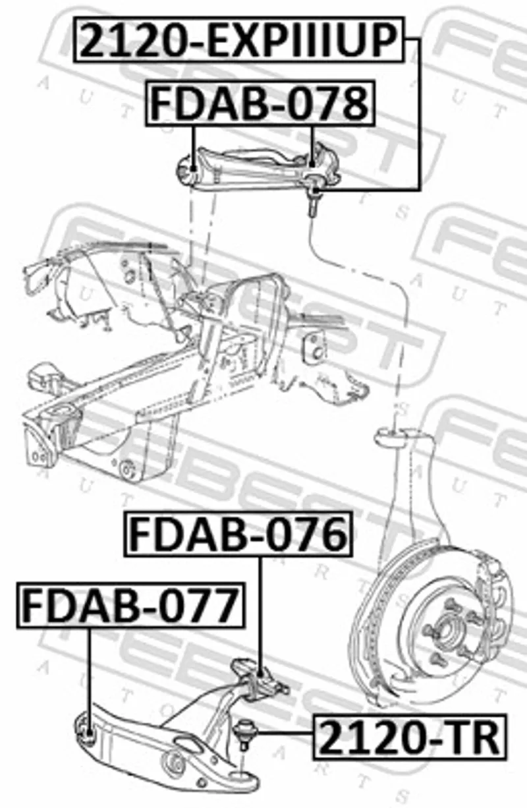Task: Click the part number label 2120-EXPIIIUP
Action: (238, 40)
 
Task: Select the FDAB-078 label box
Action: (260, 103)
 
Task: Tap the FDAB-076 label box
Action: (238, 534)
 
